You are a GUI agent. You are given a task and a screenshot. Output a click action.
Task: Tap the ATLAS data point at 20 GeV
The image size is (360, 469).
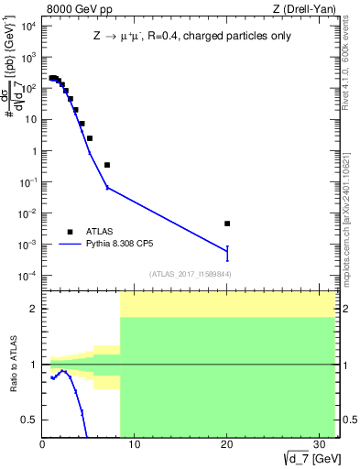227,224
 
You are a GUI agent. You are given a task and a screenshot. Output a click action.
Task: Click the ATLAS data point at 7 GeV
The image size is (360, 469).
107,165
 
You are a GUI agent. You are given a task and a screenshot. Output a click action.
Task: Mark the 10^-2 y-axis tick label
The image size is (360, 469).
27,213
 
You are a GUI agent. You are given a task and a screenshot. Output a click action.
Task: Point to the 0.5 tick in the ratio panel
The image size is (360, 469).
31,420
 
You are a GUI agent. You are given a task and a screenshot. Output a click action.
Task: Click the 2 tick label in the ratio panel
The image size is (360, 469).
35,309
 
